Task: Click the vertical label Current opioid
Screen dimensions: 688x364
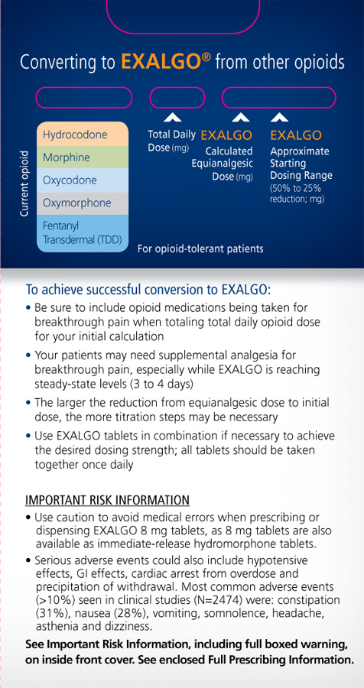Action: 24,183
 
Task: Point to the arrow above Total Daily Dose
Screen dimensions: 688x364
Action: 172,117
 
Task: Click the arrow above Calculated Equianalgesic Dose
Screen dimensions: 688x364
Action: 241,117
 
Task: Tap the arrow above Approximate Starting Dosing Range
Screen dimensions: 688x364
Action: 280,117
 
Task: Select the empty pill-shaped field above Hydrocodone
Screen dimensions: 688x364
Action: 83,98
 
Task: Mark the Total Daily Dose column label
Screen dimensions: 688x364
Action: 172,141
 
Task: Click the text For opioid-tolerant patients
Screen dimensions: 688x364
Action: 200,248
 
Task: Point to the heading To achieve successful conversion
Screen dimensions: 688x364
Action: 148,290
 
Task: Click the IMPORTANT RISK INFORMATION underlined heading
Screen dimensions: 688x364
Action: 107,501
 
